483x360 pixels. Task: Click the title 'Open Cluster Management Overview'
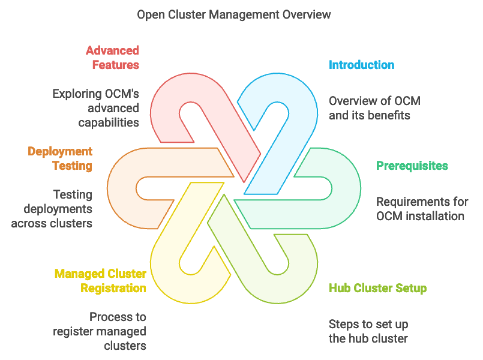(x=233, y=14)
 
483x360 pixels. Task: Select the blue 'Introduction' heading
(x=361, y=65)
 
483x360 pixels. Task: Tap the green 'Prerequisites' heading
(x=412, y=166)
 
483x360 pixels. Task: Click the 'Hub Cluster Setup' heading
(x=377, y=288)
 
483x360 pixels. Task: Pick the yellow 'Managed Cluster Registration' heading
(x=100, y=281)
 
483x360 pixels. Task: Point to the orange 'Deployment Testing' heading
(x=60, y=158)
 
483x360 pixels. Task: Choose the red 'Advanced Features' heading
(x=112, y=58)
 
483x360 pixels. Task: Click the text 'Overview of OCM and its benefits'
(x=374, y=108)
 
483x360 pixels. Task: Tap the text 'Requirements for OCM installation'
(x=421, y=209)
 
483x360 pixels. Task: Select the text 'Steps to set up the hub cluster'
(x=368, y=331)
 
